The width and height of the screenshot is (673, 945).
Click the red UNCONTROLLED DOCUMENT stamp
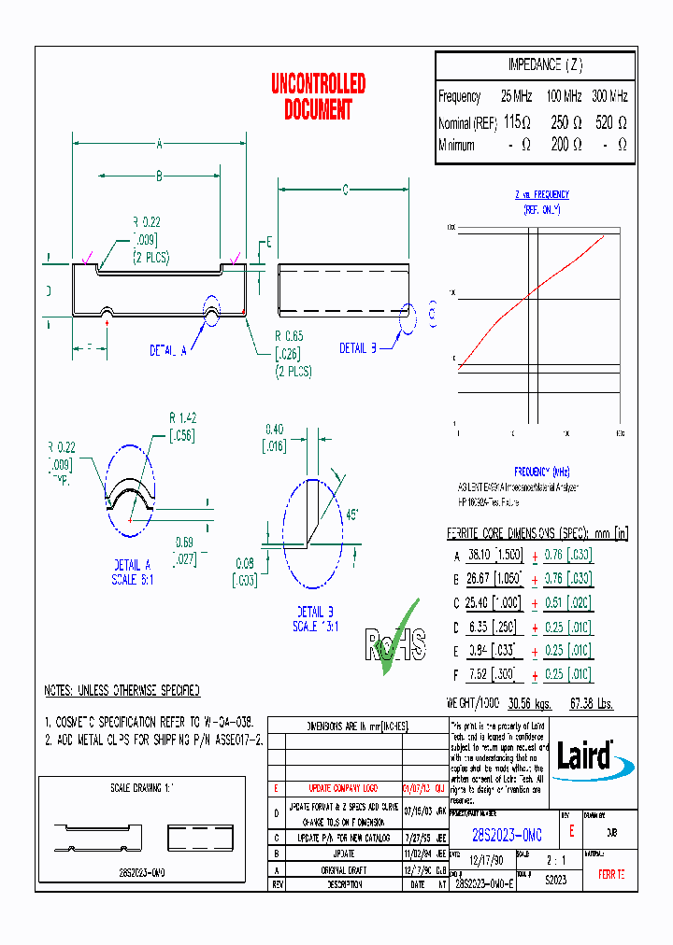coord(318,97)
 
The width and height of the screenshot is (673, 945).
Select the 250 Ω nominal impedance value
coord(566,122)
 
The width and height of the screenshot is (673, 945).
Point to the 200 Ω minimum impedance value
coord(566,145)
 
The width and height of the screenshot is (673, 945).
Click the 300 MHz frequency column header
coord(610,96)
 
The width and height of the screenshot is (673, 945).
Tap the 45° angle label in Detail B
coord(351,514)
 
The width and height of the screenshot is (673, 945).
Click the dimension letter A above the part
coord(160,144)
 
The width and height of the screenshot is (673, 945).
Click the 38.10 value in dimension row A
coord(480,555)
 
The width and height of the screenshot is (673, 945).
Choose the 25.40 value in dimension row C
coord(480,602)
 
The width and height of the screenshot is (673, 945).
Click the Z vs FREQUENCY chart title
coord(541,194)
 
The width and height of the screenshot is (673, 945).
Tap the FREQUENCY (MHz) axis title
coord(541,472)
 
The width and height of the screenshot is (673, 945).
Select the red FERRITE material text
coord(611,875)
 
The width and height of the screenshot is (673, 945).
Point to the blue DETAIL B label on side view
coord(357,348)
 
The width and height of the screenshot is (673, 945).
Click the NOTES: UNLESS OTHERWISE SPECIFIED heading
coord(122,691)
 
